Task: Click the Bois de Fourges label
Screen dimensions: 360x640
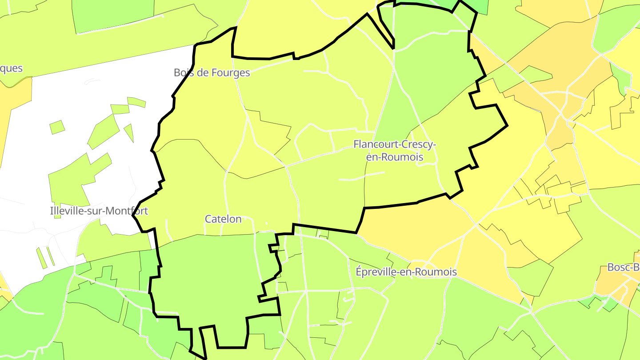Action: coord(212,72)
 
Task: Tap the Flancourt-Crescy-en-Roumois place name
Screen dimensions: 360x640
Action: coord(394,150)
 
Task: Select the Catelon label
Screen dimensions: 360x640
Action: coord(223,219)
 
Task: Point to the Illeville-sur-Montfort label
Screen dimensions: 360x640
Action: coord(99,211)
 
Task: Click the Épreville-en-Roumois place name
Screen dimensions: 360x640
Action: coord(406,272)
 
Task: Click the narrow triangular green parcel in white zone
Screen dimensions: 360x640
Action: coord(129,131)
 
